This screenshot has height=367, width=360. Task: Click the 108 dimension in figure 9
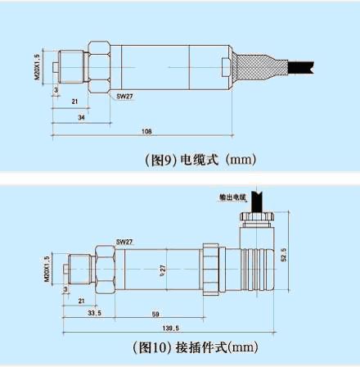pyautogui.click(x=147, y=130)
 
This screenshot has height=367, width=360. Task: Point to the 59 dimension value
pyautogui.click(x=155, y=313)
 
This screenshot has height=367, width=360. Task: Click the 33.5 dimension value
pyautogui.click(x=95, y=313)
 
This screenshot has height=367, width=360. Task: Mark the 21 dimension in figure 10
pyautogui.click(x=80, y=301)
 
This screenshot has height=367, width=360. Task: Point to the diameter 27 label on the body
pyautogui.click(x=163, y=268)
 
